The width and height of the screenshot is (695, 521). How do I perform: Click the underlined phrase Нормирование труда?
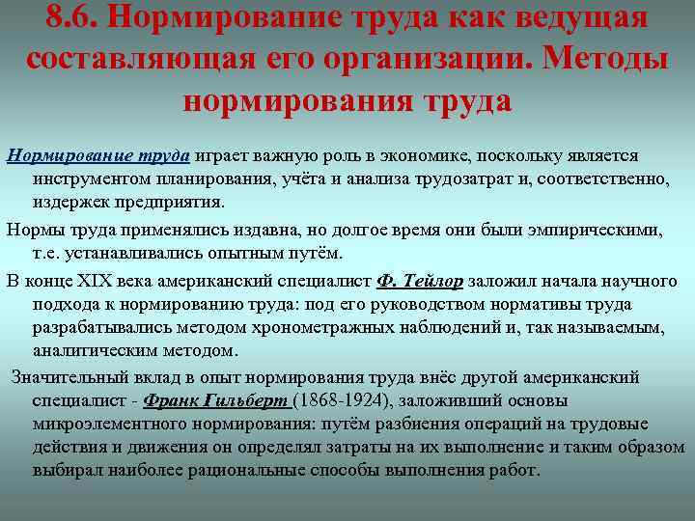pos(99,156)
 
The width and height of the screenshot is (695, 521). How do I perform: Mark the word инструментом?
pos(93,180)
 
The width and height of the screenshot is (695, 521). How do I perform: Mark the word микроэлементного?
pos(117,425)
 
